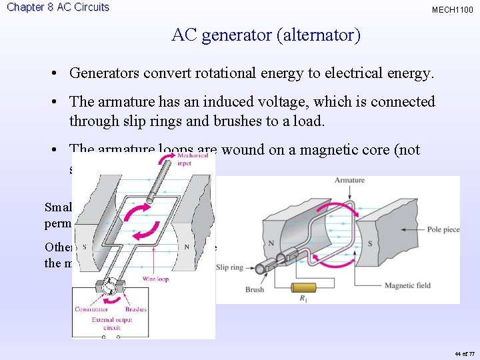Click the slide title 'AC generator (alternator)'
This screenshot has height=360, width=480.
pos(265,35)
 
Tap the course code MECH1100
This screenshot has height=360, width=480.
pos(452,10)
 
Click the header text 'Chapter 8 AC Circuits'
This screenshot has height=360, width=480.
pos(57,7)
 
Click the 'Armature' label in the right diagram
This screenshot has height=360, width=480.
pos(349,181)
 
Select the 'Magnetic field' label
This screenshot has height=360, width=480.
pos(407,286)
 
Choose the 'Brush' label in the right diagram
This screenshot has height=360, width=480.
pos(254,290)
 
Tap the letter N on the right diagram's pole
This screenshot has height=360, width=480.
pos(271,243)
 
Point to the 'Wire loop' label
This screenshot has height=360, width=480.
pos(154,279)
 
